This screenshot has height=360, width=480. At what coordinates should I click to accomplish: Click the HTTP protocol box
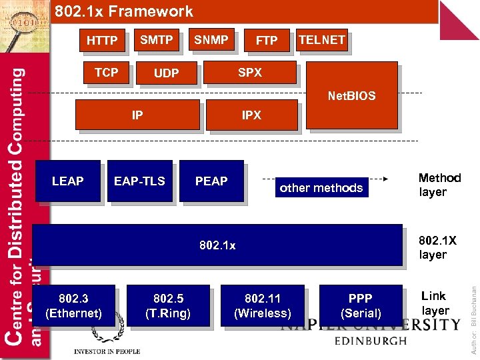pyautogui.click(x=102, y=41)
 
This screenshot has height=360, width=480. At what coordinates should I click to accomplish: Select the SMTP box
pyautogui.click(x=156, y=41)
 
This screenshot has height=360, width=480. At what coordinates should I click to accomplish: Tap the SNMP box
pyautogui.click(x=211, y=41)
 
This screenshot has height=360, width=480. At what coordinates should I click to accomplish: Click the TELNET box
pyautogui.click(x=321, y=41)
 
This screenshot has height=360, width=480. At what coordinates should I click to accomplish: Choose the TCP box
pyautogui.click(x=106, y=73)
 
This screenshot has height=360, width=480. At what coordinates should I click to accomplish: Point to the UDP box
pyautogui.click(x=166, y=73)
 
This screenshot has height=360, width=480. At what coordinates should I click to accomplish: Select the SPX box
pyautogui.click(x=249, y=73)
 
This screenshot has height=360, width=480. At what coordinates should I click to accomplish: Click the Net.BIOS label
pyautogui.click(x=351, y=96)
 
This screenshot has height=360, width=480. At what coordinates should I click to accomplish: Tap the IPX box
pyautogui.click(x=251, y=115)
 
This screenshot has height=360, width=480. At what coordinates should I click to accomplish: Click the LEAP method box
pyautogui.click(x=67, y=181)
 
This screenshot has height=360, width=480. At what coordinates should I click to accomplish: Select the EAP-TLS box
pyautogui.click(x=139, y=181)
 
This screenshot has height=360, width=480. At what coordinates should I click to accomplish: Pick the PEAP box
pyautogui.click(x=211, y=181)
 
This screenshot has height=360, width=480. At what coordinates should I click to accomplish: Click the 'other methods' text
pyautogui.click(x=321, y=188)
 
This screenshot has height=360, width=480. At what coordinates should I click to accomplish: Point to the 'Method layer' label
pyautogui.click(x=439, y=185)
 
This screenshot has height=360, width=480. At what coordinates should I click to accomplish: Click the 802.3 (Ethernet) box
pyautogui.click(x=73, y=305)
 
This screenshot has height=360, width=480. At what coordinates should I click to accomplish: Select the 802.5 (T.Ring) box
pyautogui.click(x=168, y=305)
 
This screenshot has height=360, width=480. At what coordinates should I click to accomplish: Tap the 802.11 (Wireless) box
pyautogui.click(x=263, y=305)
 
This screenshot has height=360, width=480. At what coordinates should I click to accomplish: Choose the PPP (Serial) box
pyautogui.click(x=361, y=305)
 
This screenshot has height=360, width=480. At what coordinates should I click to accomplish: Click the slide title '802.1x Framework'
pyautogui.click(x=124, y=11)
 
